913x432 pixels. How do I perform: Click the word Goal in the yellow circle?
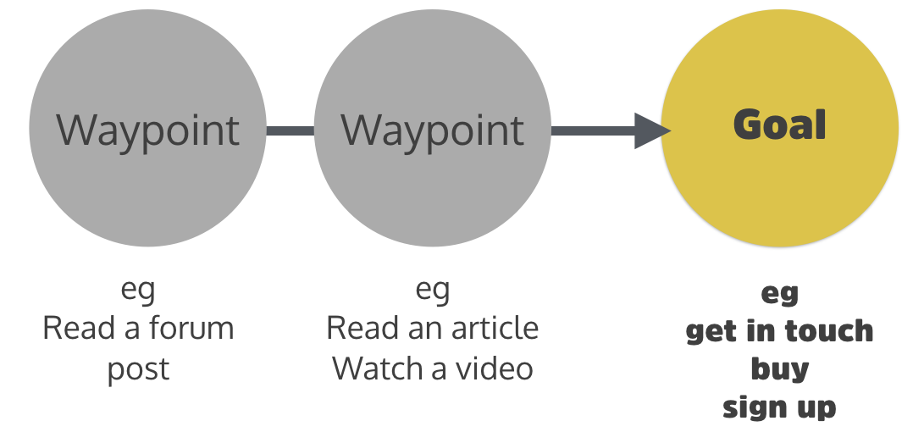[779, 125]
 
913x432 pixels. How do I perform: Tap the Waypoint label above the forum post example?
[147, 130]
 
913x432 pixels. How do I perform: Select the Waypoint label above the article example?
[432, 130]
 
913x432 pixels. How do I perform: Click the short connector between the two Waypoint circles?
[290, 130]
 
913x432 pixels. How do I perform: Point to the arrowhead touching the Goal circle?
[652, 130]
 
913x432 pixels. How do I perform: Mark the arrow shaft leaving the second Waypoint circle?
[593, 130]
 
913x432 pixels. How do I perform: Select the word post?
[138, 369]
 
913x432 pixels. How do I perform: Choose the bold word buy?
[779, 369]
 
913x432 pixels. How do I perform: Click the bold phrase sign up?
[779, 407]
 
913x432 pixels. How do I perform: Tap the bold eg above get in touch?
[779, 293]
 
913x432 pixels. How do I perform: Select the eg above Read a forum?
[138, 290]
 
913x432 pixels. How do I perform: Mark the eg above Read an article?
[432, 290]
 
